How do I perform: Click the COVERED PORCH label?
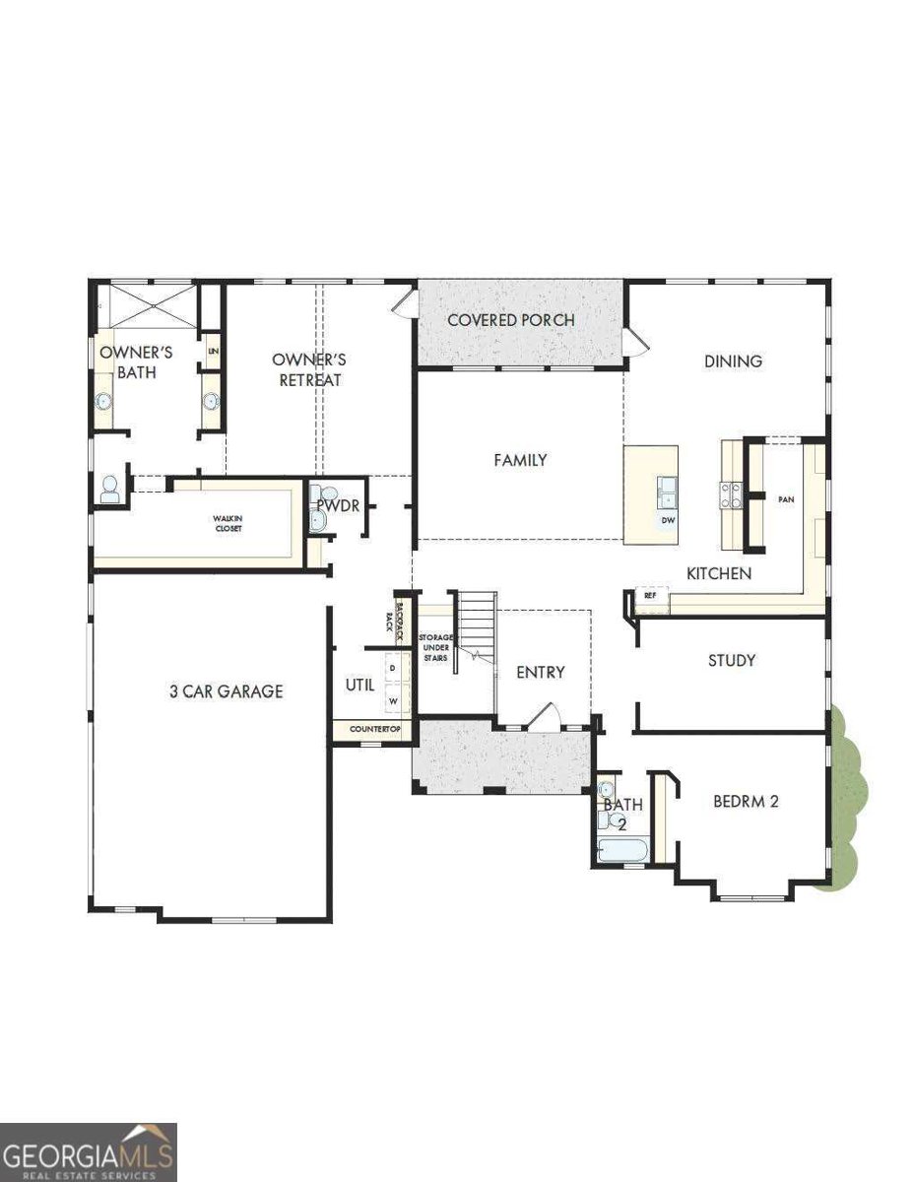click(x=510, y=320)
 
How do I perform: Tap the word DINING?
click(x=733, y=361)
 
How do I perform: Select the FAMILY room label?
click(x=520, y=460)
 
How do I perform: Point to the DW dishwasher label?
click(x=667, y=519)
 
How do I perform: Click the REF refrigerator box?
click(x=651, y=596)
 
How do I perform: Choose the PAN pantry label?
click(x=785, y=500)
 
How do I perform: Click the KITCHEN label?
click(x=719, y=573)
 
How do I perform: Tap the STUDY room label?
click(x=732, y=660)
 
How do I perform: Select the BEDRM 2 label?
click(x=746, y=802)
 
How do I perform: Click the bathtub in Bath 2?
click(x=621, y=849)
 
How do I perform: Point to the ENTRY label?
click(x=541, y=673)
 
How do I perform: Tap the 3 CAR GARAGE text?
click(x=226, y=691)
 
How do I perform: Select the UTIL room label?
click(x=359, y=685)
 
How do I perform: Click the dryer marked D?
click(x=393, y=669)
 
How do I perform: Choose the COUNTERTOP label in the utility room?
click(x=371, y=729)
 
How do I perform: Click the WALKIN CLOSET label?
click(x=228, y=523)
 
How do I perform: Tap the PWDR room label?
click(x=336, y=506)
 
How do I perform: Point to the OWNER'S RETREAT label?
click(x=308, y=369)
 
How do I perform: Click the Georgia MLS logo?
click(x=89, y=1151)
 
